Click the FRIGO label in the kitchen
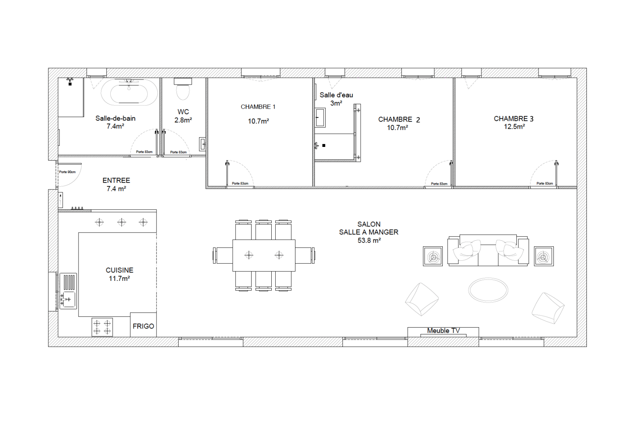click(x=143, y=326)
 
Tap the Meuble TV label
click(x=443, y=331)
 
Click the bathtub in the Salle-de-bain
click(x=129, y=91)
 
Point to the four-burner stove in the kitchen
click(x=102, y=327)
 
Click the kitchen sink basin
click(x=68, y=300)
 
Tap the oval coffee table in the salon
click(x=488, y=290)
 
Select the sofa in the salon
click(x=488, y=250)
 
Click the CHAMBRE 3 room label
click(x=514, y=118)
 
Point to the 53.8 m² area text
click(x=369, y=240)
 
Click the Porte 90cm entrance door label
click(x=67, y=172)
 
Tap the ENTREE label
click(x=116, y=180)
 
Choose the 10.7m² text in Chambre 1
click(x=258, y=121)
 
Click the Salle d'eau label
click(x=336, y=95)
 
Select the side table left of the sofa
click(x=433, y=256)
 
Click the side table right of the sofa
click(x=544, y=256)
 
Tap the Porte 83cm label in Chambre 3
click(x=545, y=184)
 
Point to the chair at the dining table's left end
click(x=223, y=255)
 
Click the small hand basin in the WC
click(x=203, y=144)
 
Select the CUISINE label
click(x=119, y=270)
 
